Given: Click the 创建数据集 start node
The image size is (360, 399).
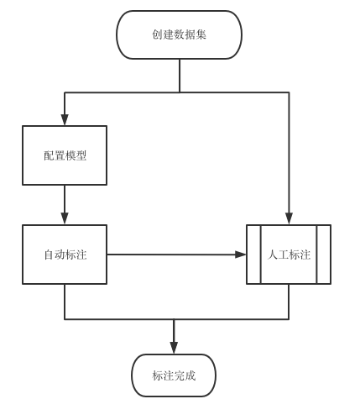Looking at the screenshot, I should click(180, 34).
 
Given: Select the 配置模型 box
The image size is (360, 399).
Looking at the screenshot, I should click(65, 155).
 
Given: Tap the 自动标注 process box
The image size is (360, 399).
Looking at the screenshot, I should click(65, 255).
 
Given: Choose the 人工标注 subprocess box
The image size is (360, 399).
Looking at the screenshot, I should click(289, 255).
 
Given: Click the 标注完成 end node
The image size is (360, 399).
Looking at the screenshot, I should click(174, 375).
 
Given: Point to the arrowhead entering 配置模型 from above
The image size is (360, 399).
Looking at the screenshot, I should click(65, 120).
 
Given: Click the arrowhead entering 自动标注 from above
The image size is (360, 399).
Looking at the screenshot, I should click(65, 219).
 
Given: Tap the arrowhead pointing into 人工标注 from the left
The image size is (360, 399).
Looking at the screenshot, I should click(240, 255).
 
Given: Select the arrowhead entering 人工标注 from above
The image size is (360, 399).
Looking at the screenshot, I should click(289, 219).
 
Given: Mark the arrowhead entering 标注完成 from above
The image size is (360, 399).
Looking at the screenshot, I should click(174, 349).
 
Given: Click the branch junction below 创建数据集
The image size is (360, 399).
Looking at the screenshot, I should click(180, 92).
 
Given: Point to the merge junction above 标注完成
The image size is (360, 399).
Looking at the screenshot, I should click(174, 319).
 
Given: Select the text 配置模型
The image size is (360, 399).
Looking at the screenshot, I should click(65, 156).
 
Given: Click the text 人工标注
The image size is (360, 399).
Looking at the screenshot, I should click(289, 255).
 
